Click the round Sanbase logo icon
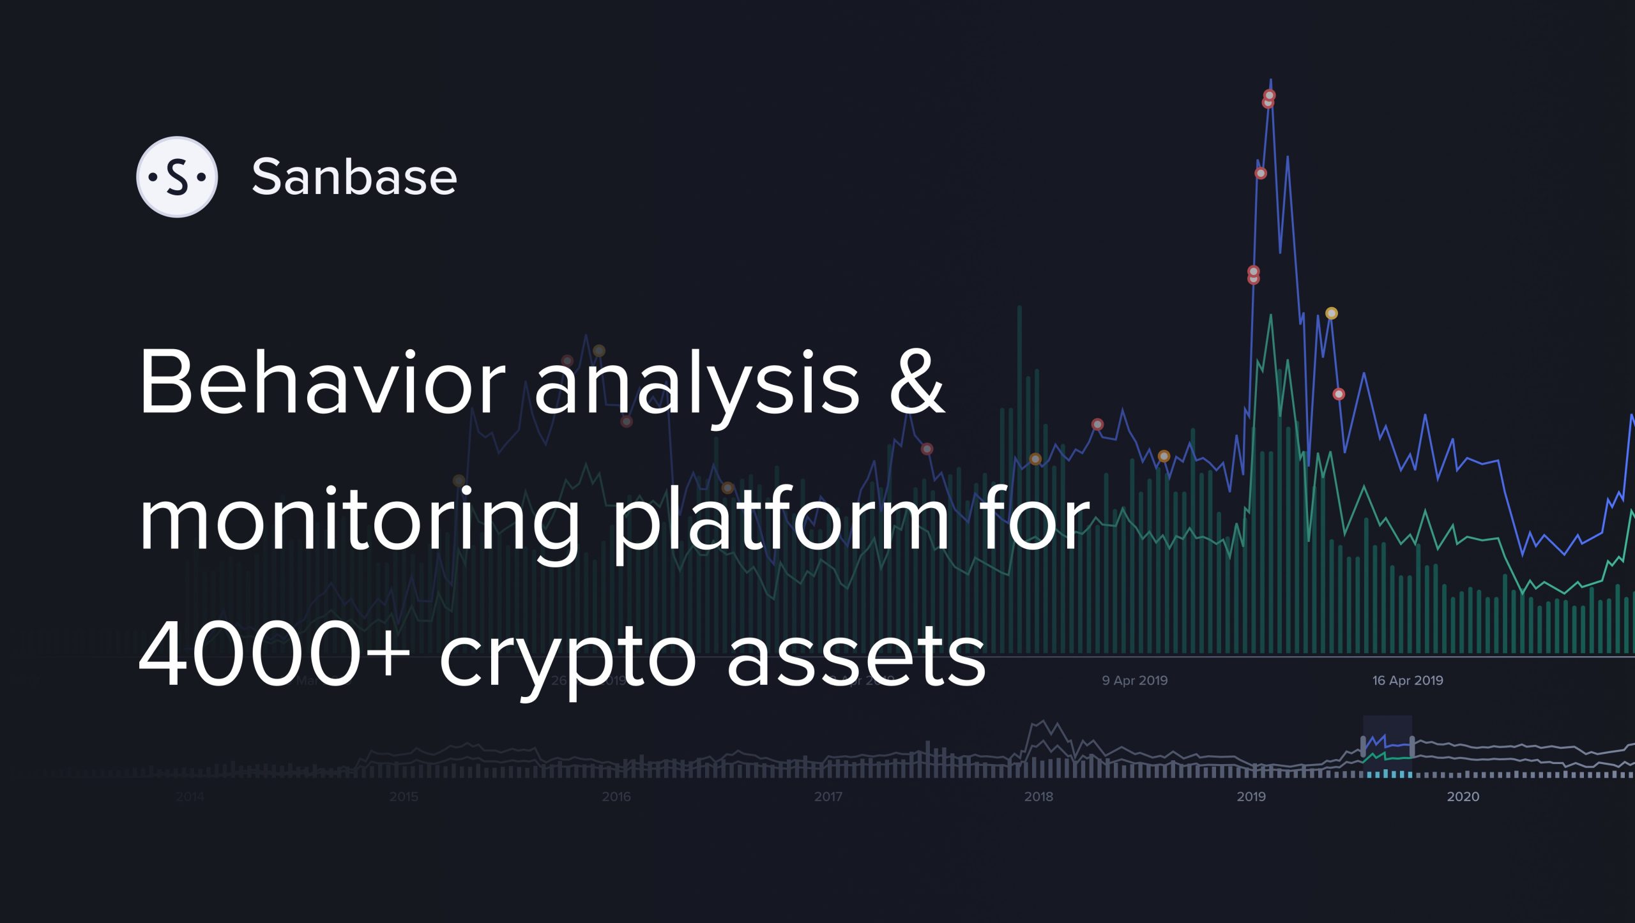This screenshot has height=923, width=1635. pos(177,177)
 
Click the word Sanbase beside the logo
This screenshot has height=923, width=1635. pos(354,177)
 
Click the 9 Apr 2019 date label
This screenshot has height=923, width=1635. pos(1135,680)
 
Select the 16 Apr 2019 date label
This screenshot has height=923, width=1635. pos(1408,680)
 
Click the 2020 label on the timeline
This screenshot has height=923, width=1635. pos(1463,797)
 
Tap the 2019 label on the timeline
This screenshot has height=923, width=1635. pos(1251,797)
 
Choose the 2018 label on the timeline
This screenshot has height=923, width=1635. pos(1038,797)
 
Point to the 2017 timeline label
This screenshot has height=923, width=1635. pos(828,797)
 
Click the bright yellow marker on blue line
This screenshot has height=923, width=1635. pos(1332,313)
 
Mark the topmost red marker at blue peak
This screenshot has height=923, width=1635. pos(1270,96)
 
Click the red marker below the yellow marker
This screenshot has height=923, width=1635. pos(1339,394)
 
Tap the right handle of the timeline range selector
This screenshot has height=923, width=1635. pos(1411,746)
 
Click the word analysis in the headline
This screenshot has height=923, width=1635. pos(696,383)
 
